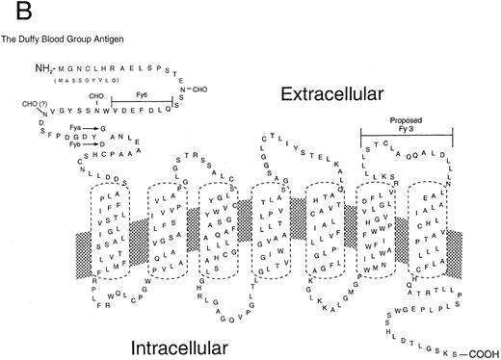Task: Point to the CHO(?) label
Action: pos(33,102)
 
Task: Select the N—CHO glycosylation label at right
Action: pos(191,90)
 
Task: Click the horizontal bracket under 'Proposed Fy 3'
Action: pos(406,133)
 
